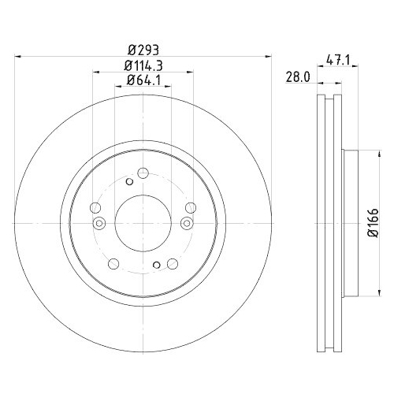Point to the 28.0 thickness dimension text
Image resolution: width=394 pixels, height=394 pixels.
click(295, 76)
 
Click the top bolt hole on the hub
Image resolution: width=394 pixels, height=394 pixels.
click(143, 174)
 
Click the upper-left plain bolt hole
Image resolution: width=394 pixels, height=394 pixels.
click(96, 208)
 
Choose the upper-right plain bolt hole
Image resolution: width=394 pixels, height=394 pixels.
click(190, 208)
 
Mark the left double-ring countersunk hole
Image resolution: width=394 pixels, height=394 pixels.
click(99, 224)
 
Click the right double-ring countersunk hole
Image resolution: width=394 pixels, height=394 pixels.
click(187, 224)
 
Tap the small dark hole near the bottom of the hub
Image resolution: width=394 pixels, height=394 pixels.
click(157, 264)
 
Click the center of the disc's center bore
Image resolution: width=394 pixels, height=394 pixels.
click(143, 223)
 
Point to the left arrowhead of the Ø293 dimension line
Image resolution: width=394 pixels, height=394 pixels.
click(20, 55)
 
